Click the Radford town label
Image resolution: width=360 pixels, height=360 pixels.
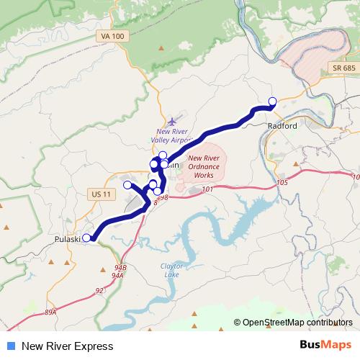[282, 125]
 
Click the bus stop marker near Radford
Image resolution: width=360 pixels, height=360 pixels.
[272, 101]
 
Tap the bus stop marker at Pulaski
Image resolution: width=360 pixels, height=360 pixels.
[87, 238]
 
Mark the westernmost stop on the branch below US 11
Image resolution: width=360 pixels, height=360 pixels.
[127, 185]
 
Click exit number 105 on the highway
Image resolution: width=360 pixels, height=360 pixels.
[282, 183]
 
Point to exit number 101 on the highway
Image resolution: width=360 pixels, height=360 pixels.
[208, 189]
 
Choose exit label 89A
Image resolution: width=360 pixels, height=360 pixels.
[50, 312]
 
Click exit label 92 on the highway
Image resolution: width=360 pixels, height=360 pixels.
[99, 290]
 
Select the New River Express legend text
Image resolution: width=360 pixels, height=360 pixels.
[68, 346]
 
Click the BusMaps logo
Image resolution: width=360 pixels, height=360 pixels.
[325, 345]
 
